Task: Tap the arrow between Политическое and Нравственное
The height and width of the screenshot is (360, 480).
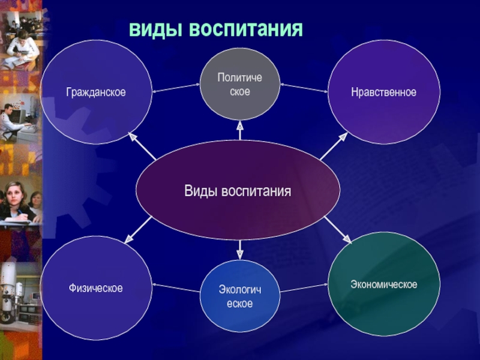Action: click(304, 88)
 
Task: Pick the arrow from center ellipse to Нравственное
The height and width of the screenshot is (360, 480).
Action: click(334, 146)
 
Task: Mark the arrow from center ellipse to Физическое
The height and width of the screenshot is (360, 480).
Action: click(139, 230)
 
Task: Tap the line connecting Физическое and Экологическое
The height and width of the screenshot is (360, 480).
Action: click(175, 287)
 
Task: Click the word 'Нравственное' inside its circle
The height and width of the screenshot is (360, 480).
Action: click(384, 92)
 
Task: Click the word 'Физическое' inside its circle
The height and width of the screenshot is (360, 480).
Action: click(96, 289)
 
